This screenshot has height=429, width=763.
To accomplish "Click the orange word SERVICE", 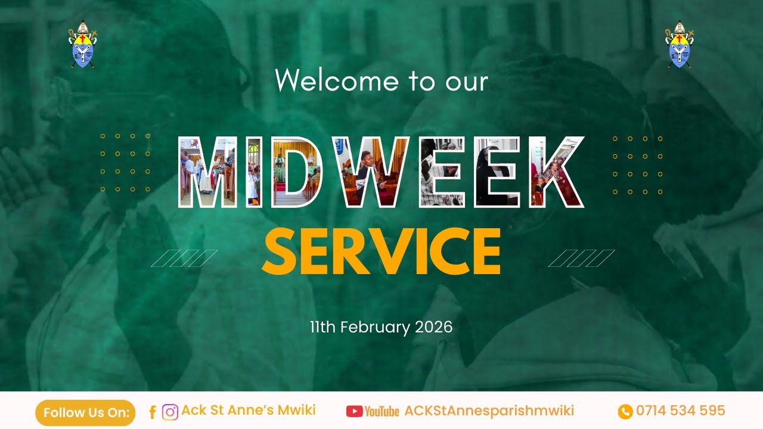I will [x=381, y=252].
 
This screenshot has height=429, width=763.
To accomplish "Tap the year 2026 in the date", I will [x=433, y=327].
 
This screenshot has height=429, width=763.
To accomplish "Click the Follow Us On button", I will [x=85, y=412].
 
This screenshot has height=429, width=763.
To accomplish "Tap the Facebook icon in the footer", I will [x=153, y=412].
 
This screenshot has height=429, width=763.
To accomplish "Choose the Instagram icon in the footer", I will [x=170, y=412].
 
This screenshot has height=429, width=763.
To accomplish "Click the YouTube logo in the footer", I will [x=373, y=411].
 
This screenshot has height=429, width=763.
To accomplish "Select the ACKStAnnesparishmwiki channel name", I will [x=489, y=411].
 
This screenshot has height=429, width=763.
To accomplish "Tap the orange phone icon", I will [x=625, y=411].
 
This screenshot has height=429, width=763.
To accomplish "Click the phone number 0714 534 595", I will [x=680, y=411].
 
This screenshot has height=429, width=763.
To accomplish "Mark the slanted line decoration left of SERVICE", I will [x=184, y=258].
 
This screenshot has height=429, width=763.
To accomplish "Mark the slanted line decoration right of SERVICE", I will [x=581, y=258].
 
